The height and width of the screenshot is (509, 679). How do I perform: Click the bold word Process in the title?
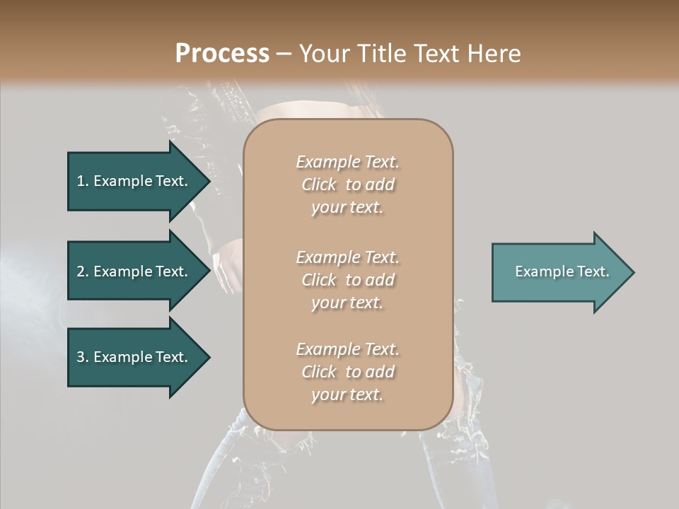222,54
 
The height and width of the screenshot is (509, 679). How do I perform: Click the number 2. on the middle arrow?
83,271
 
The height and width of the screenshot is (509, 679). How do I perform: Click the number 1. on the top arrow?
83,181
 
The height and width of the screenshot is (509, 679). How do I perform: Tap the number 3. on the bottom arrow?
83,357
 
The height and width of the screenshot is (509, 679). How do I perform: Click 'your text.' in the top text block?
347,208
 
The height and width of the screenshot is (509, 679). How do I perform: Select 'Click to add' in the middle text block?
347,281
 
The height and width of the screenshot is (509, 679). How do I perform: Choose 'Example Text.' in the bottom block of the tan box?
347,349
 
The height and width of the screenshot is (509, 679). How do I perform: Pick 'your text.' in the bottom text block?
347,395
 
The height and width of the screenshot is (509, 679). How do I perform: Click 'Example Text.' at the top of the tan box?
347,162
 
